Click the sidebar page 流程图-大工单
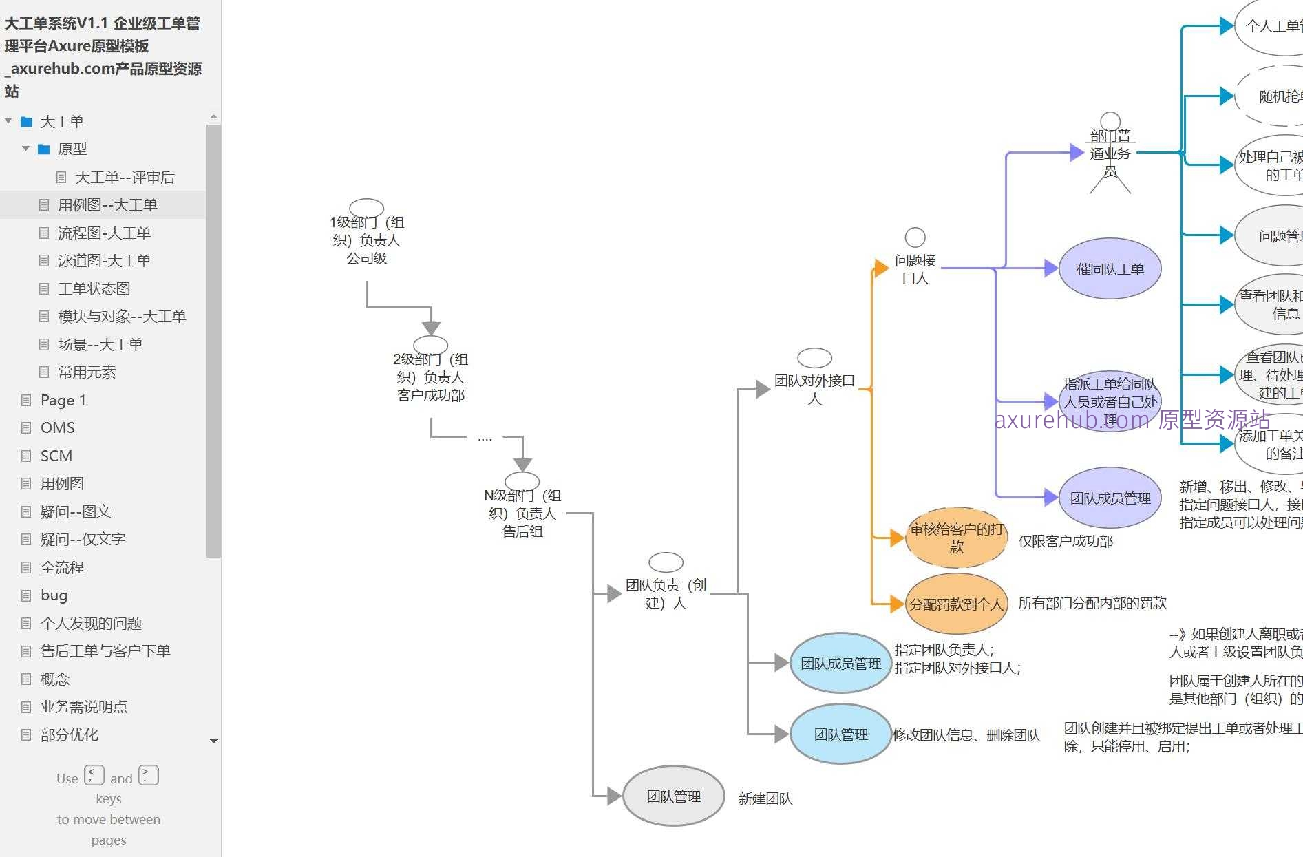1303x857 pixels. (x=104, y=233)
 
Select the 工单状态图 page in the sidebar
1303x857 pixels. (x=94, y=288)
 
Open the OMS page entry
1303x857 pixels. (x=58, y=427)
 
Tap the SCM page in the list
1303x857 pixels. (x=56, y=456)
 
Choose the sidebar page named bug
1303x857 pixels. (x=54, y=595)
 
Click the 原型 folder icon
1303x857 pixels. (x=44, y=149)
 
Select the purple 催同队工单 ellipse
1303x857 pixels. (x=1110, y=268)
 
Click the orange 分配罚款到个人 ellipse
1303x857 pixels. (x=956, y=604)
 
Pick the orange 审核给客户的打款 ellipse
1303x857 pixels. (x=956, y=538)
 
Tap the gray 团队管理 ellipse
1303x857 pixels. (x=673, y=796)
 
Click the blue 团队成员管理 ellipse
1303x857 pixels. (x=840, y=663)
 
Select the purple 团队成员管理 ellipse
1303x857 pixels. (x=1110, y=498)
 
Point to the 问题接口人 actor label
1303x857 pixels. (x=915, y=268)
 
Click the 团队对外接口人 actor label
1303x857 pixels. (x=814, y=389)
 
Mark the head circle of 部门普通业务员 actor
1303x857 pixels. (x=1110, y=122)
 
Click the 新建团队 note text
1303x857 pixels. (x=765, y=798)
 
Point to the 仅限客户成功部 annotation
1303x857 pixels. (x=1065, y=541)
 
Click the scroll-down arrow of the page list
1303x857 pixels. (x=213, y=741)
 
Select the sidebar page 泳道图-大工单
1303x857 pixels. (x=104, y=260)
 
